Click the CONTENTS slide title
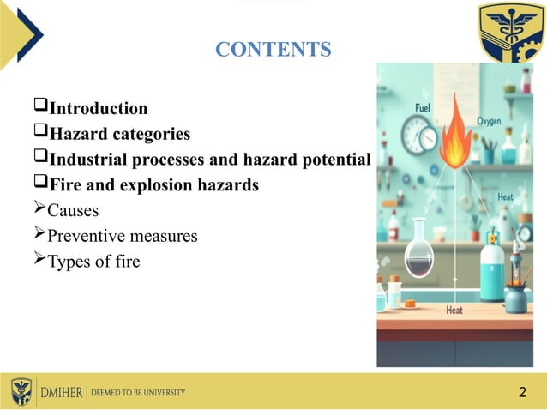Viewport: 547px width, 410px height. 273,50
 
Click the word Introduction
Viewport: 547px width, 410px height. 98,108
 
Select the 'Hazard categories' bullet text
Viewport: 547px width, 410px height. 119,134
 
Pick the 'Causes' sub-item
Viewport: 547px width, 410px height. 73,210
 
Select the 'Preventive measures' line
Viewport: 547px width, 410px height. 122,235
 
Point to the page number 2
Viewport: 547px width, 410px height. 522,393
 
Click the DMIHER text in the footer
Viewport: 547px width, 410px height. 62,392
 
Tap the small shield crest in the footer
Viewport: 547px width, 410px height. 21,391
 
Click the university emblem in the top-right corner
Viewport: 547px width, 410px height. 511,33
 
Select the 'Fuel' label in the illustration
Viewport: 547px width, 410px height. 423,108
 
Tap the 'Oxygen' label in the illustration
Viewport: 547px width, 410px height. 489,122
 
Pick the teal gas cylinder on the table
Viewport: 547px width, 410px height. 492,268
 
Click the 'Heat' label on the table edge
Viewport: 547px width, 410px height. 454,311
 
